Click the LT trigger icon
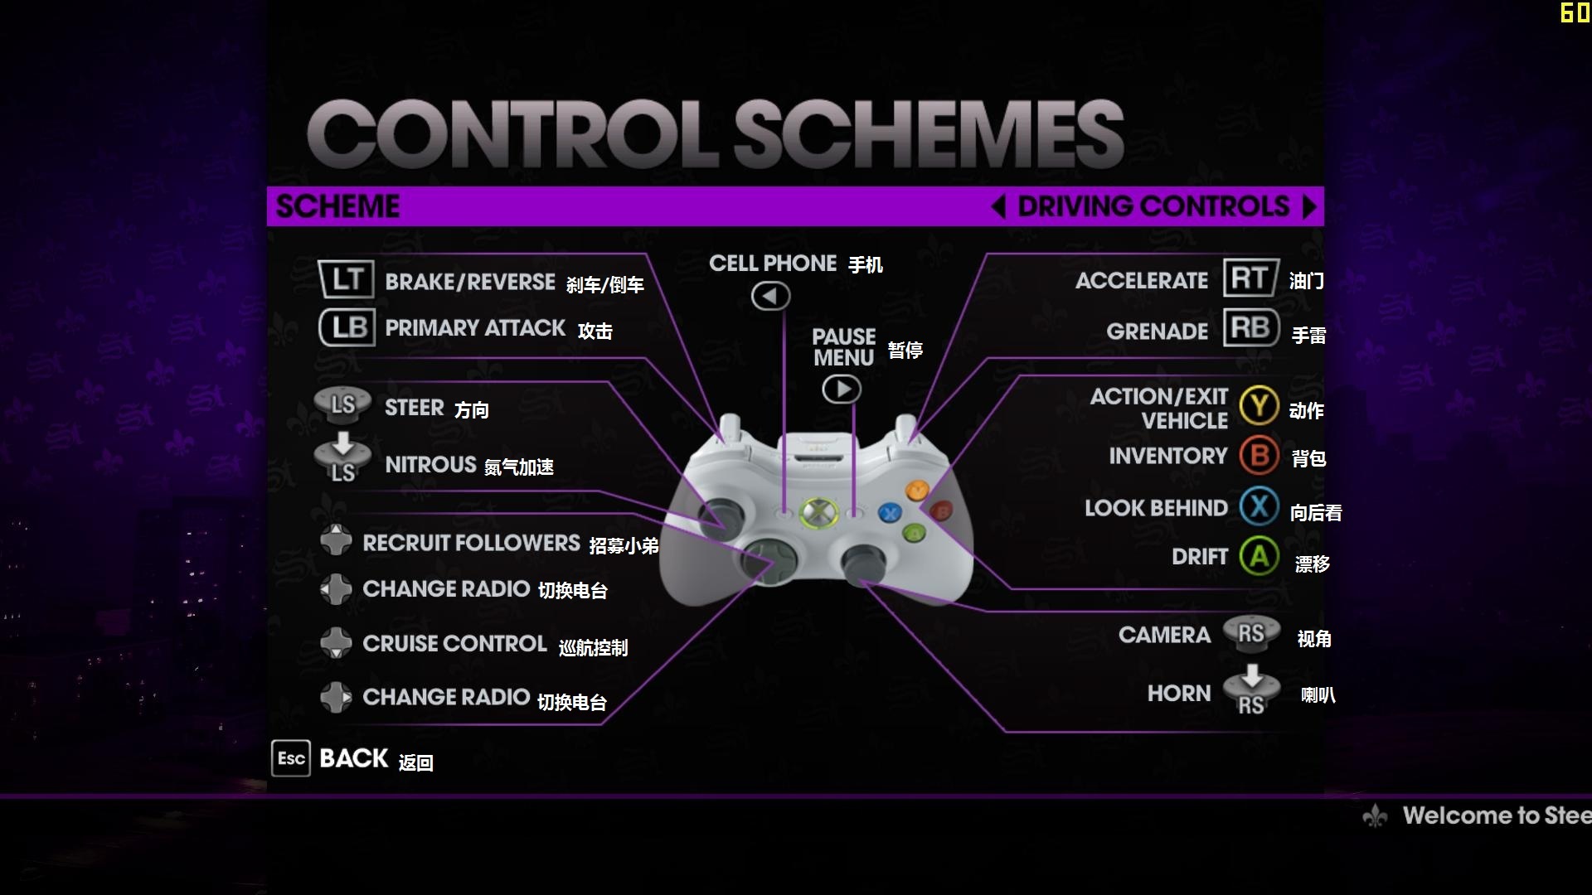click(347, 279)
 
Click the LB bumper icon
click(347, 327)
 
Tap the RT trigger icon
click(1251, 278)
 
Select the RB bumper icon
click(1251, 327)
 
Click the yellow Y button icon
click(1260, 406)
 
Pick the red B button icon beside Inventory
click(1260, 455)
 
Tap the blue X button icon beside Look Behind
click(1260, 506)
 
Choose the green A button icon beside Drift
click(1260, 556)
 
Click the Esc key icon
click(291, 758)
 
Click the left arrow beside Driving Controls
click(998, 206)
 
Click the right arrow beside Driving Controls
click(1309, 206)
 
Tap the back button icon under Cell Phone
click(770, 296)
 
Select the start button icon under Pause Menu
click(842, 389)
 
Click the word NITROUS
click(430, 464)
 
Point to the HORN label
click(1179, 694)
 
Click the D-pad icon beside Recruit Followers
click(336, 539)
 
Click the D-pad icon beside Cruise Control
click(336, 642)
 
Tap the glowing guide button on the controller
click(818, 512)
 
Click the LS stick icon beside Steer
click(342, 404)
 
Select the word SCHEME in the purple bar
click(337, 206)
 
